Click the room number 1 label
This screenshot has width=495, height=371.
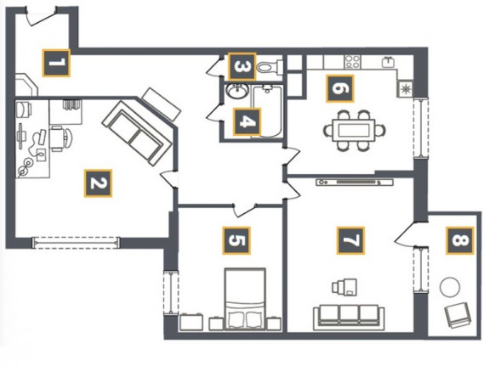[x=56, y=63]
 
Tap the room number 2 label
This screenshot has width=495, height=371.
[x=98, y=183]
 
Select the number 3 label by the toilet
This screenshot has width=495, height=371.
[x=242, y=66]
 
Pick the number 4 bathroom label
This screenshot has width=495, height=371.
[x=247, y=121]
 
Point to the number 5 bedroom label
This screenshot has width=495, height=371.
[x=236, y=240]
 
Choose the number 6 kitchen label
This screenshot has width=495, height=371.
[x=340, y=88]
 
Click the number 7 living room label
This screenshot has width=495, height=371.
[x=350, y=240]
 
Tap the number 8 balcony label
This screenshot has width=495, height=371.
[x=460, y=240]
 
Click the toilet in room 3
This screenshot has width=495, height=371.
[x=270, y=67]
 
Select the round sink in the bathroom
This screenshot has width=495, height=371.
[x=236, y=92]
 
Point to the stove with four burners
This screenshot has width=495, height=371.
[x=352, y=62]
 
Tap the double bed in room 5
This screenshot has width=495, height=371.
[x=245, y=299]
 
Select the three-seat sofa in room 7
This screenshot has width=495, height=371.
[x=349, y=318]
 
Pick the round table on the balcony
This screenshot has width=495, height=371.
[x=450, y=286]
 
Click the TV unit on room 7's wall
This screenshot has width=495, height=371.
[x=355, y=183]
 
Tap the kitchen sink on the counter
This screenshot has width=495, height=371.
[x=389, y=62]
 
